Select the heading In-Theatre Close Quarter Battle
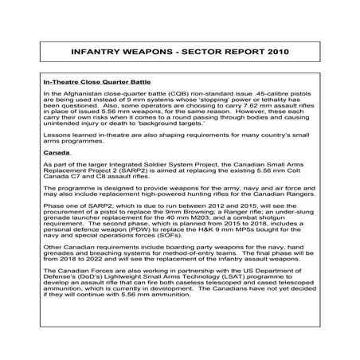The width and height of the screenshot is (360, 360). click(x=93, y=82)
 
